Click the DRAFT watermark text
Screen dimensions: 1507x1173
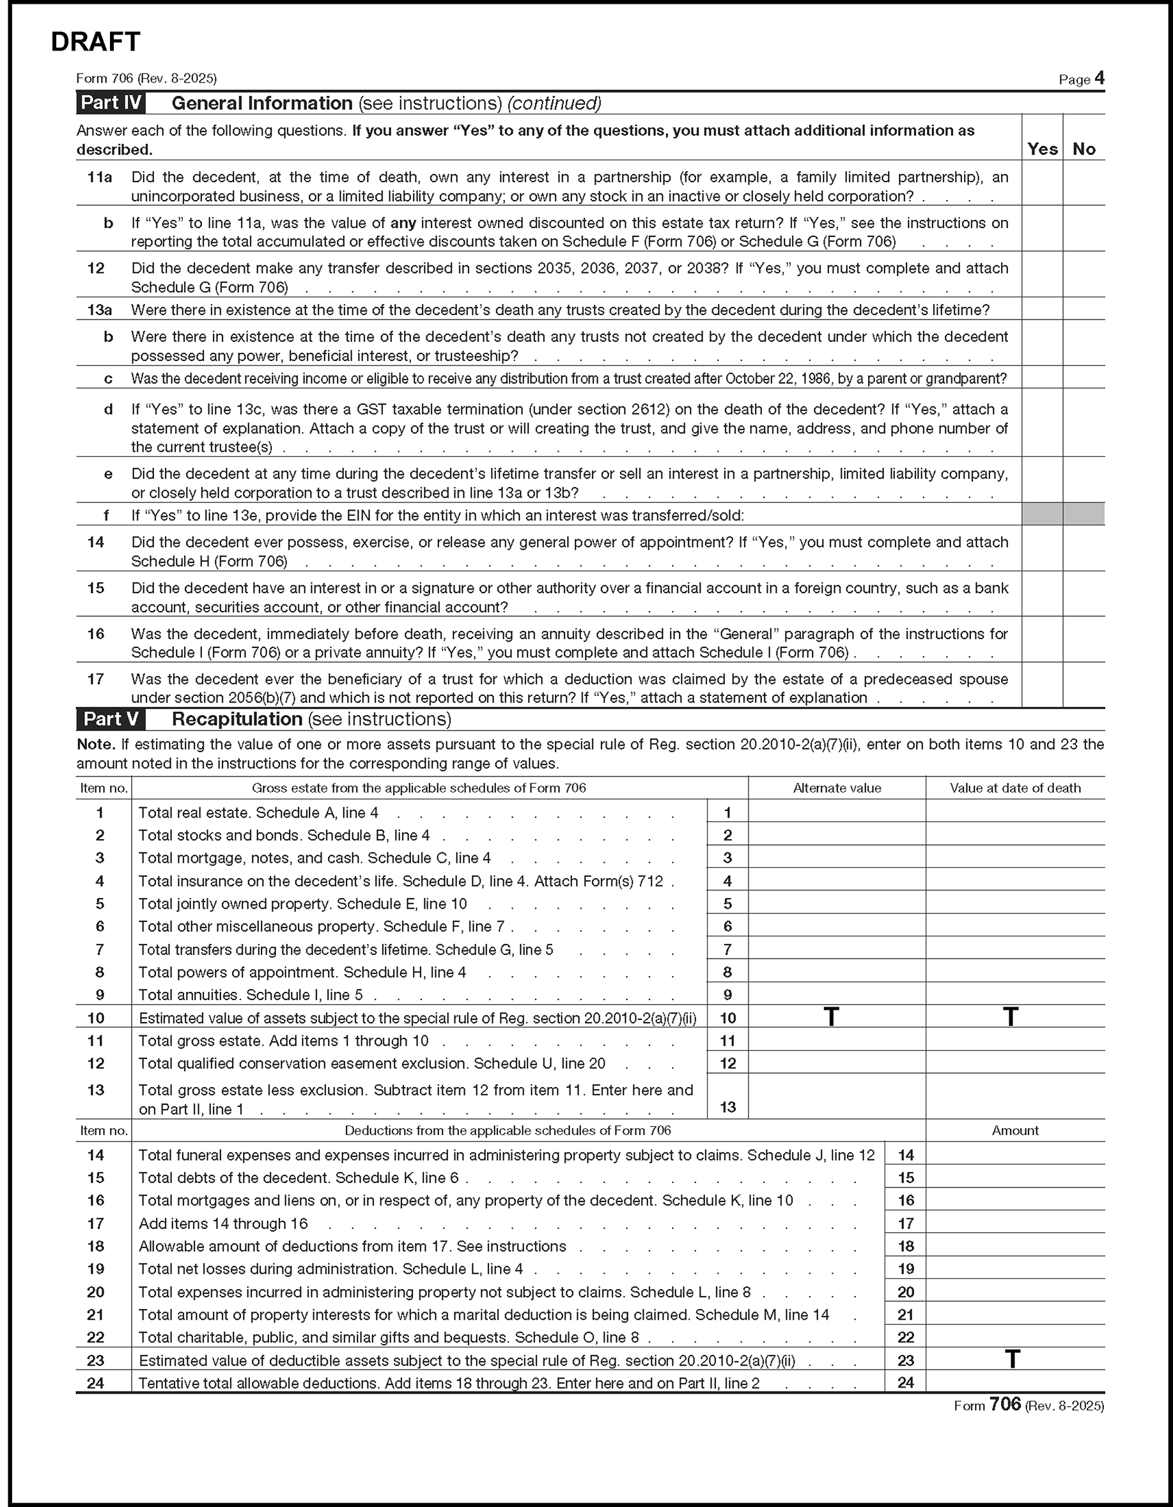coord(95,42)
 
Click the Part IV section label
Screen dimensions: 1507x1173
coord(111,103)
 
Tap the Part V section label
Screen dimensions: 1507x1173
coord(111,719)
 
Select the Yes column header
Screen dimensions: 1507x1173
coord(1042,149)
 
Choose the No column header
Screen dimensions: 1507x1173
coord(1084,149)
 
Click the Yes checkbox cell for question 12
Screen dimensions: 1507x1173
coord(1042,275)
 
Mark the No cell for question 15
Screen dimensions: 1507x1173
coord(1084,594)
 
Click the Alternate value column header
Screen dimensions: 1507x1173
coord(836,788)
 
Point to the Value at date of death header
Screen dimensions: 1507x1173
coord(1015,788)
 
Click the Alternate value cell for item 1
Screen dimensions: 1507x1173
coord(836,812)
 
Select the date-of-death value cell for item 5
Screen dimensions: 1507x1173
coord(1015,902)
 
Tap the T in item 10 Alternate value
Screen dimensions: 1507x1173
coord(832,1016)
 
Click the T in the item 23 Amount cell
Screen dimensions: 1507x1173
coord(1011,1359)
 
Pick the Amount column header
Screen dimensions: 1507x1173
coord(1015,1130)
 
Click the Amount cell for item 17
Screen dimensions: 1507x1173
coord(1015,1223)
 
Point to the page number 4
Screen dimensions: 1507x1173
coord(1099,78)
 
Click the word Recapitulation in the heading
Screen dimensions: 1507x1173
coord(237,719)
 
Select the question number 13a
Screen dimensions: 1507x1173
coord(99,310)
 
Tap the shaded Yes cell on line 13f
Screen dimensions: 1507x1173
coord(1042,514)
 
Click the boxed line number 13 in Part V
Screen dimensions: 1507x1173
coord(727,1107)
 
